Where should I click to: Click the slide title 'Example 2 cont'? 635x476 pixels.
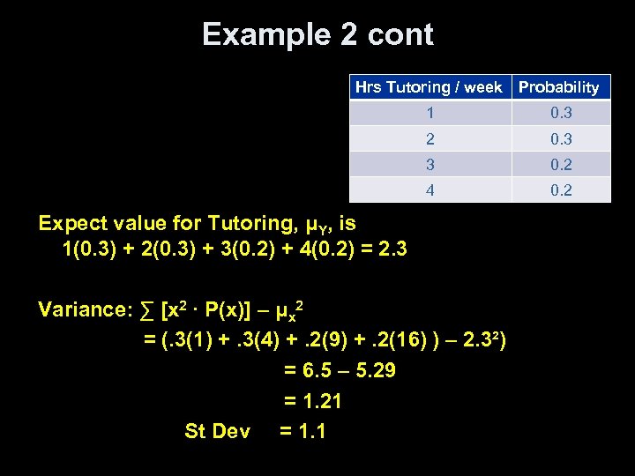point(317,35)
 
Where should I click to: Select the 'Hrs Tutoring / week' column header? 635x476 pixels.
point(429,87)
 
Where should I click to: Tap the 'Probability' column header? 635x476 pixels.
point(559,87)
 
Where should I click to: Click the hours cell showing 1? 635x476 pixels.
point(430,113)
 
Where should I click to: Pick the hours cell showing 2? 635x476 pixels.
point(430,138)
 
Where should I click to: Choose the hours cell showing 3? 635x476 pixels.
point(430,164)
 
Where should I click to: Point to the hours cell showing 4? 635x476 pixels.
point(430,190)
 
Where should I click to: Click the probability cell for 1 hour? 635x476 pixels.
point(561,113)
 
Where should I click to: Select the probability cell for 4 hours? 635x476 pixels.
point(561,190)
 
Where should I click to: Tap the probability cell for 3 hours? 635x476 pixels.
point(561,164)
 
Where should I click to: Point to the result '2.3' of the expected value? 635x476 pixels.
point(390,249)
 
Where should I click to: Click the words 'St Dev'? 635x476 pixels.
point(217,431)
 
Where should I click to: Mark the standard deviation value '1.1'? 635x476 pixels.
point(310,431)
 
